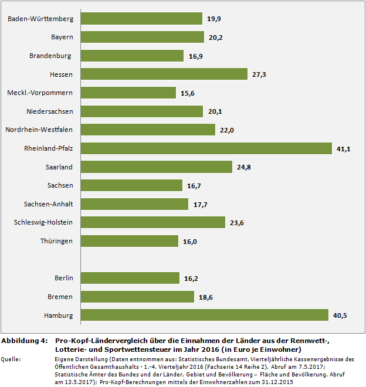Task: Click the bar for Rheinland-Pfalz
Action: coord(206,148)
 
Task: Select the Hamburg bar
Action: coord(204,315)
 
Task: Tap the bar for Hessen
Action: coord(164,74)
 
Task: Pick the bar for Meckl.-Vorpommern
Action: coord(128,93)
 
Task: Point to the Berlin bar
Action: coord(130,278)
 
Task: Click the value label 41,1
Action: coord(343,149)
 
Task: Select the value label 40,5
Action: coord(340,315)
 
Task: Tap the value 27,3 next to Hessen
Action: coord(259,74)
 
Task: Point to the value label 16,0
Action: coord(189,241)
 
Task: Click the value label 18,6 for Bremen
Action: coord(205,297)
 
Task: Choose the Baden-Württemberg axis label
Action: coord(40,19)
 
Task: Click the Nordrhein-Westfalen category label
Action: coord(39,130)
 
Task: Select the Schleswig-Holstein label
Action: coord(43,222)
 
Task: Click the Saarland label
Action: coord(59,167)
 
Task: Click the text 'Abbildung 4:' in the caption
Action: coord(24,341)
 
